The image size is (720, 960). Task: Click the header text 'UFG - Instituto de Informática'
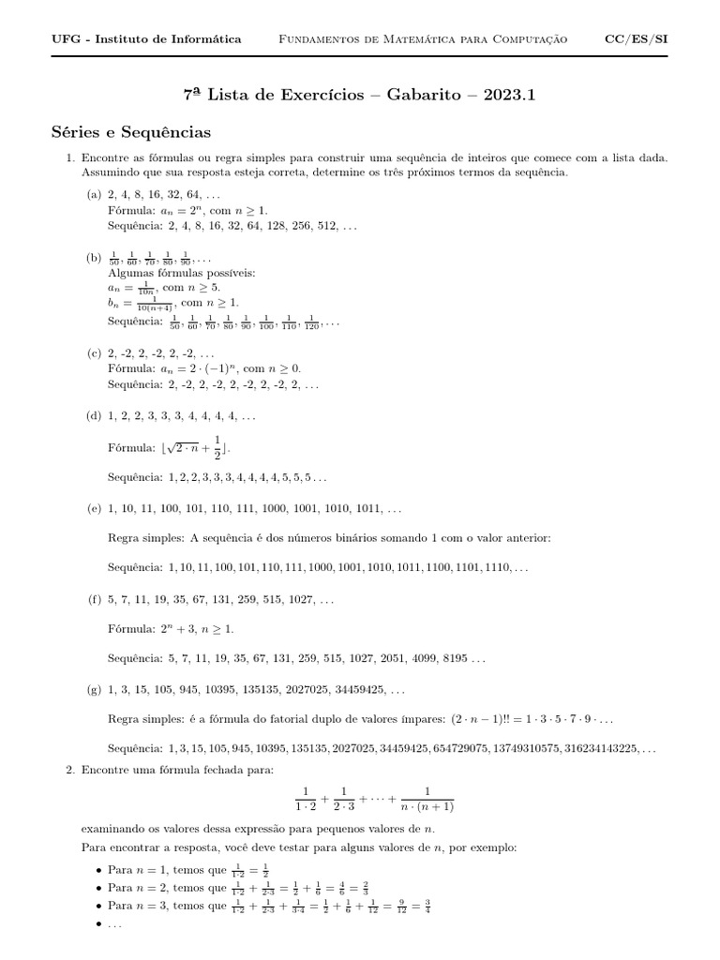click(146, 38)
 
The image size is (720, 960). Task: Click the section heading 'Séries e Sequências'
click(131, 132)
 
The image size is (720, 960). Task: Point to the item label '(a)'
click(94, 194)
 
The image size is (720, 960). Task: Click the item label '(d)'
click(94, 414)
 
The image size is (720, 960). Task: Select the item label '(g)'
click(94, 690)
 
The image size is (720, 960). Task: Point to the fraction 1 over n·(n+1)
click(427, 798)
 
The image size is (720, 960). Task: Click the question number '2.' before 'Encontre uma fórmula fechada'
click(70, 770)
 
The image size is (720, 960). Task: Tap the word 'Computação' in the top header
click(534, 38)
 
